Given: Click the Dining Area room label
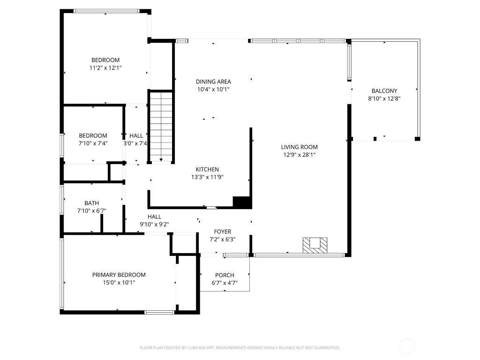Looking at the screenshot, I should pyautogui.click(x=213, y=82).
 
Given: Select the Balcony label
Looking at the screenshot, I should pyautogui.click(x=384, y=91).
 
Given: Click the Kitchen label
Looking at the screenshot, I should pyautogui.click(x=207, y=169).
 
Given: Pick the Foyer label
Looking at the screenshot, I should pyautogui.click(x=222, y=232).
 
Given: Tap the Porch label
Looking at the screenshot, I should pyautogui.click(x=225, y=275).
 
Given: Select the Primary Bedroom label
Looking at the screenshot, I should pyautogui.click(x=119, y=275).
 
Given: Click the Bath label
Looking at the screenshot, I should pyautogui.click(x=91, y=203).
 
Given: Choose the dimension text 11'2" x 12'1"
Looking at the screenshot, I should pyautogui.click(x=105, y=68).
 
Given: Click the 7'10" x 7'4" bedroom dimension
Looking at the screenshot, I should pyautogui.click(x=93, y=143).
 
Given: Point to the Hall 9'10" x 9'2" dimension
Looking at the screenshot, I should pyautogui.click(x=154, y=224).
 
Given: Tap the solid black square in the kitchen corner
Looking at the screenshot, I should pyautogui.click(x=242, y=202).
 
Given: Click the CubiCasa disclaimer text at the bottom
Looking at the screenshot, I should pyautogui.click(x=240, y=348).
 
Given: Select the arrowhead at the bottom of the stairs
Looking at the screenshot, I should pyautogui.click(x=161, y=160).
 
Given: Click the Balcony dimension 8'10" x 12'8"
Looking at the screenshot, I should pyautogui.click(x=384, y=98).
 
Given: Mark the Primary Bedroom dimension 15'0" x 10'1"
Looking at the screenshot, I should pyautogui.click(x=119, y=282).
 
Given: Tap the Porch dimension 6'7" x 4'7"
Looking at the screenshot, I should pyautogui.click(x=225, y=283).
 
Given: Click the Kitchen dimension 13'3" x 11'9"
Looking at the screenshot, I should pyautogui.click(x=207, y=177).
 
